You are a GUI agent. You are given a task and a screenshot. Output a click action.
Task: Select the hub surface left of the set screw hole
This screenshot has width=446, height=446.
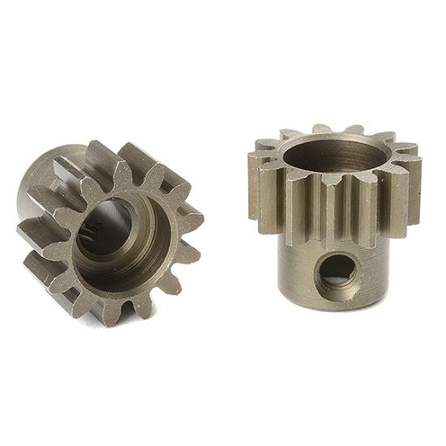coord(296,272)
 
